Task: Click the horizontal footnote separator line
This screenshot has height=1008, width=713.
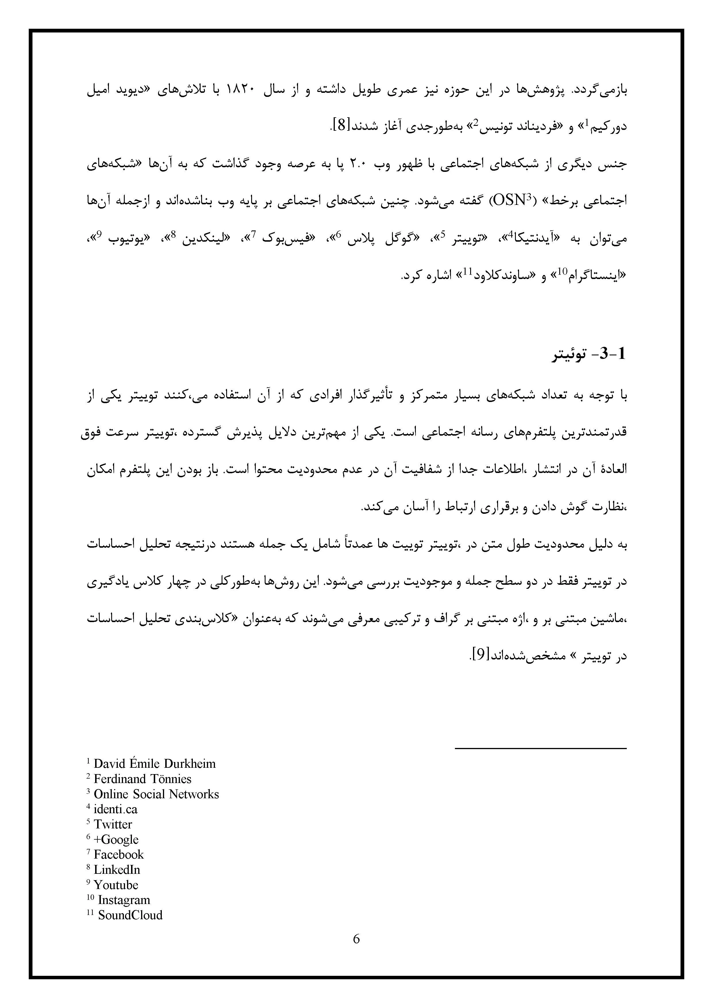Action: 541,748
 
